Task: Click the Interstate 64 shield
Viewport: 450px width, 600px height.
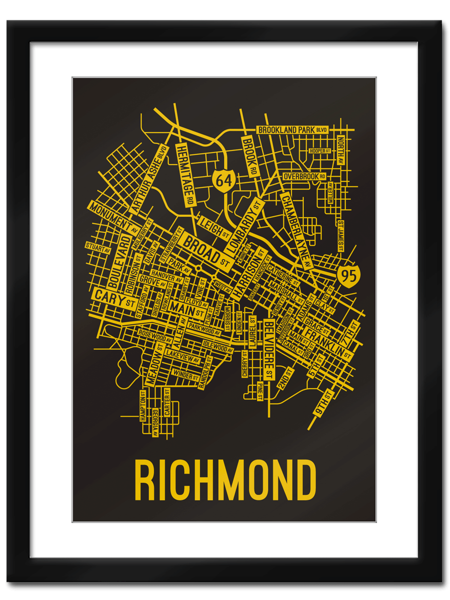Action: [224, 179]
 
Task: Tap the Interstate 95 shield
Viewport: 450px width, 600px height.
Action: [348, 275]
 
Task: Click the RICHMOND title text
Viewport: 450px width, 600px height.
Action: [225, 480]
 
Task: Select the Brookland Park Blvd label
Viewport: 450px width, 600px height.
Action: [292, 130]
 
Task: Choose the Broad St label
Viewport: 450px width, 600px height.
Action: [205, 250]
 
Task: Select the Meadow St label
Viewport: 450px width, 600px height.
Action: [155, 364]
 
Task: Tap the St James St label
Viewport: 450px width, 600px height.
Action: [340, 235]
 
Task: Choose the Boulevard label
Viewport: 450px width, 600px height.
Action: [118, 260]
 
